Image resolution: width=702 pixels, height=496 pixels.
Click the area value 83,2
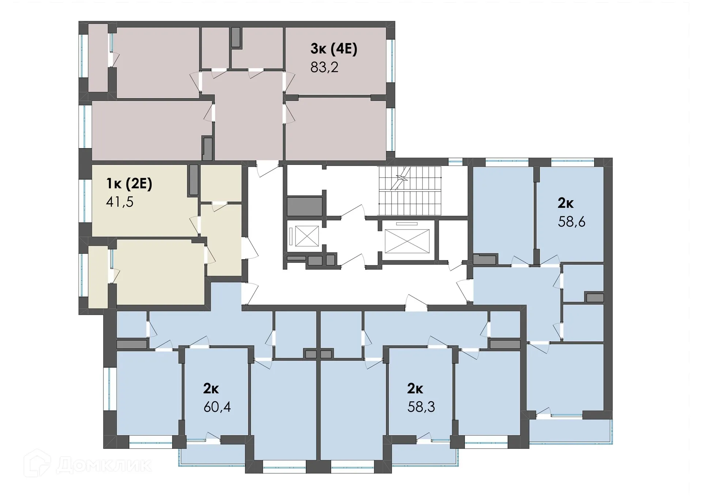coord(324,67)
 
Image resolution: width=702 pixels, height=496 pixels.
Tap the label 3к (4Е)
coord(333,49)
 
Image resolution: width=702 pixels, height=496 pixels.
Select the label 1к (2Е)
coord(129,183)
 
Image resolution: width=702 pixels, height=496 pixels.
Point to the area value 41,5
coord(120,202)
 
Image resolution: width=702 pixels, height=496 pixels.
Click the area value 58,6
coord(571,222)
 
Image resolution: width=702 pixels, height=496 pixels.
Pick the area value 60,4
coord(217,407)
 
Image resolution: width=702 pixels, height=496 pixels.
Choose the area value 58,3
coord(421,407)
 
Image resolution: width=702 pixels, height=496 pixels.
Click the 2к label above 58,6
coord(565,203)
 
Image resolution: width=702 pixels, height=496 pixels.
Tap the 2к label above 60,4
coord(211,389)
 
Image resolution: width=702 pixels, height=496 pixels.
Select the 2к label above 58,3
coord(415,389)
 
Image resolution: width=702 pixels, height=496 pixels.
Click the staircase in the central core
coord(409,191)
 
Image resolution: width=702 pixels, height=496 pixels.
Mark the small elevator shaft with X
coord(307,236)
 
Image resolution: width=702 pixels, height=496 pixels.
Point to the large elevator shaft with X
coord(407,241)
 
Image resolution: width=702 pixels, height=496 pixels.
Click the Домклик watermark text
coord(104,465)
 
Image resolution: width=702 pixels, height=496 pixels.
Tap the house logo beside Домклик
coord(37,463)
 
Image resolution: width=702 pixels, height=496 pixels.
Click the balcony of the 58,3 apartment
coord(424,455)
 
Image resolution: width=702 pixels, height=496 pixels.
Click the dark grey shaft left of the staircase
coord(304,207)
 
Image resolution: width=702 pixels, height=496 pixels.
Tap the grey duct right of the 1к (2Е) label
coord(193,180)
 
